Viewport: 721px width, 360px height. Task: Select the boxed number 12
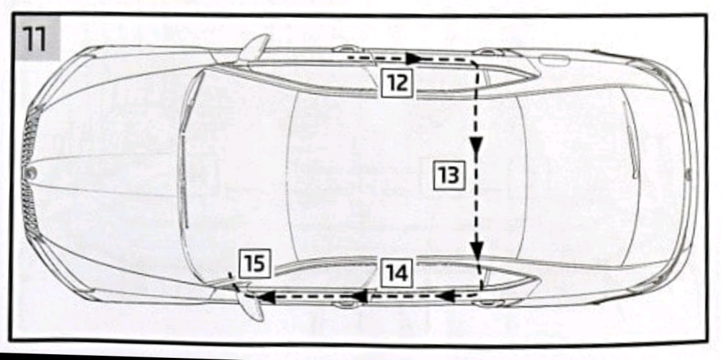click(397, 83)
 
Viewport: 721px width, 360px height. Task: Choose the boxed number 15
click(255, 264)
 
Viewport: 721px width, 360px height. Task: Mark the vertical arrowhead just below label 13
click(477, 249)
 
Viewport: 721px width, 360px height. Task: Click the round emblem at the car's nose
click(31, 173)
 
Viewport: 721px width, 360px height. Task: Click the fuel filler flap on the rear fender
click(554, 60)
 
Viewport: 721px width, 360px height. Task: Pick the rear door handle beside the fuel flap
click(488, 51)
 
